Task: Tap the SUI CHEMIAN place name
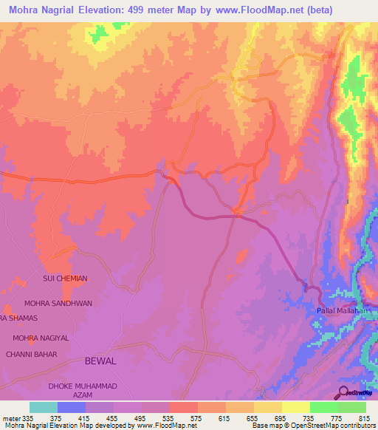click(65, 279)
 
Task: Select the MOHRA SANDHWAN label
click(58, 303)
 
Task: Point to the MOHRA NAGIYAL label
click(41, 338)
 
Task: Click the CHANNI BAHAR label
click(31, 354)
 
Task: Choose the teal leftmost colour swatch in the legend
click(44, 407)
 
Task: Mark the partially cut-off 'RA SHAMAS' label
click(18, 318)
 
